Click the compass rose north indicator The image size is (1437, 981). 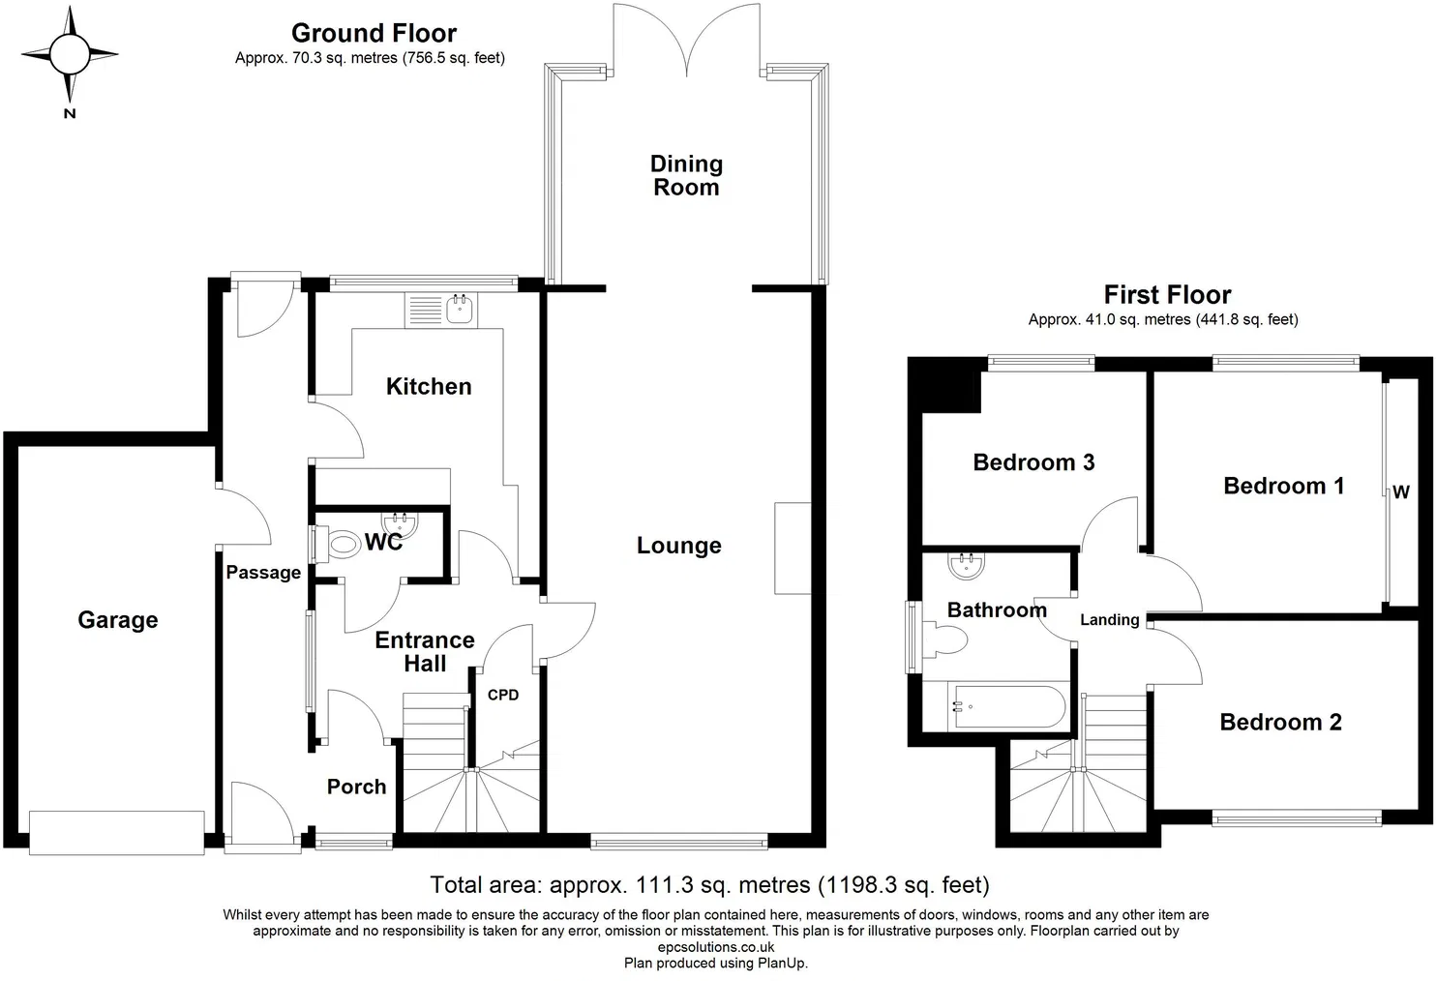(x=70, y=56)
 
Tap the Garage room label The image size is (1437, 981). (x=117, y=620)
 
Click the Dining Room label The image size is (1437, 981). (x=686, y=176)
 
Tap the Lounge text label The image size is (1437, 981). (x=678, y=546)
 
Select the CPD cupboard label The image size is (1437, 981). (x=502, y=695)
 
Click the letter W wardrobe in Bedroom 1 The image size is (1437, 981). (x=1400, y=492)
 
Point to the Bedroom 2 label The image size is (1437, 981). (x=1280, y=722)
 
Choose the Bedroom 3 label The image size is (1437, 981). (x=1033, y=462)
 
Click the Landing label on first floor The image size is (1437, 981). (x=1109, y=620)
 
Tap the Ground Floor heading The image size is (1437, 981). (x=374, y=34)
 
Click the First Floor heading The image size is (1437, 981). (x=1167, y=295)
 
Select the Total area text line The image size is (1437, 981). (x=709, y=884)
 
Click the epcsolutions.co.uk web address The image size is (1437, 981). (x=715, y=947)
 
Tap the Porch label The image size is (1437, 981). (x=356, y=787)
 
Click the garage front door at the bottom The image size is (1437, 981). (x=116, y=832)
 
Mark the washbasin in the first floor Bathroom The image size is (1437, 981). (x=965, y=567)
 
